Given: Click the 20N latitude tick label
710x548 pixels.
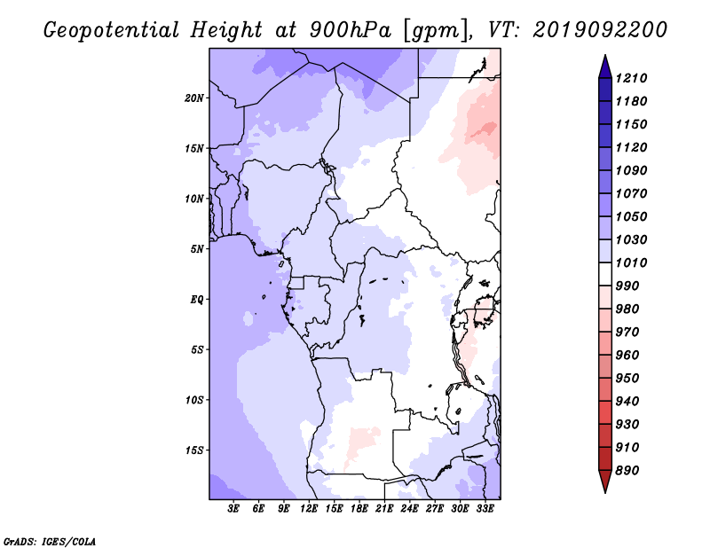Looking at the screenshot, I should (194, 98).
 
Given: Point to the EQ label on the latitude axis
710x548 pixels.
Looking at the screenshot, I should (197, 299).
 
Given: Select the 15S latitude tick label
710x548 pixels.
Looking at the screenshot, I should (194, 450).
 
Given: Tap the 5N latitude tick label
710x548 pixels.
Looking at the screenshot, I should (197, 249).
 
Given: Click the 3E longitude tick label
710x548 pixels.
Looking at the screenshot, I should (234, 509).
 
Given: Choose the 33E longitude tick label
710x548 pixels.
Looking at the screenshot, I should (485, 509).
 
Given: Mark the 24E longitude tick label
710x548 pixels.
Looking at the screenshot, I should (410, 509).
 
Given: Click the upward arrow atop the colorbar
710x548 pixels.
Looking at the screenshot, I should (603, 64).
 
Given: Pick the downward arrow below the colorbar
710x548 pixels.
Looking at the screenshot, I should (603, 482).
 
